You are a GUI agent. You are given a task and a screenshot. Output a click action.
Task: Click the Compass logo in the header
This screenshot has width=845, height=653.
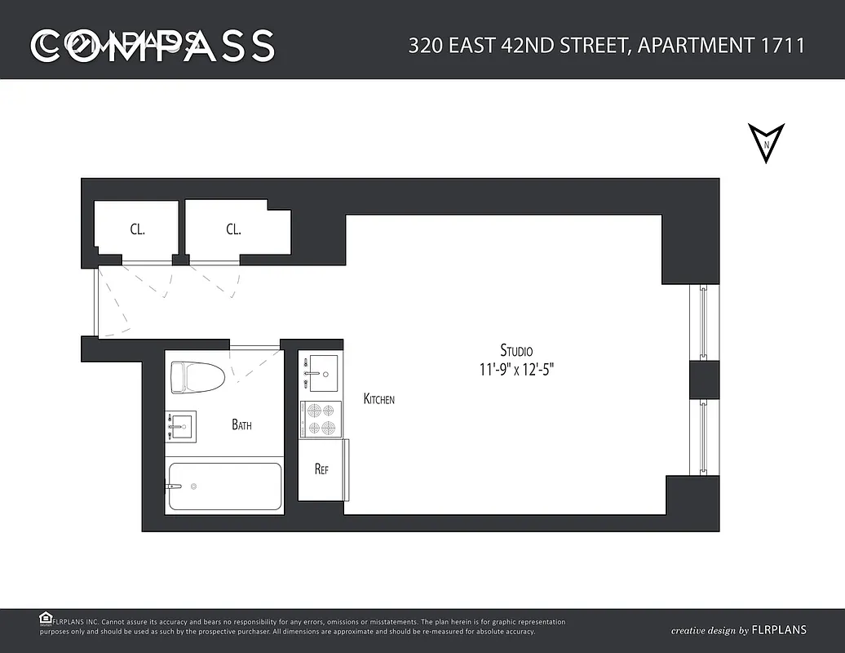click(153, 46)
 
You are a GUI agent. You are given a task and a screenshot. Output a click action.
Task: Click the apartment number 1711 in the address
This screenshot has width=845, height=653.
click(783, 45)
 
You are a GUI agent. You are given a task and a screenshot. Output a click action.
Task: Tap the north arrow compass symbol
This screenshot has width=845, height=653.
click(766, 143)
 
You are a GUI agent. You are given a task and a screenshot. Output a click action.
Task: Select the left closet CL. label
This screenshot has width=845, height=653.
click(137, 229)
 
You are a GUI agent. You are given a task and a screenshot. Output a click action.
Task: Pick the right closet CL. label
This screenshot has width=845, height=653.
click(233, 229)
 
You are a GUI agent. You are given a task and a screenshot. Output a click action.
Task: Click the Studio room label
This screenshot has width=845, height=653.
click(516, 350)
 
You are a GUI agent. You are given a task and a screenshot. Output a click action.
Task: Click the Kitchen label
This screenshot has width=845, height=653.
click(379, 399)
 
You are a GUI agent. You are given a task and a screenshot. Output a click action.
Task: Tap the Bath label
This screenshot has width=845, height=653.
click(241, 424)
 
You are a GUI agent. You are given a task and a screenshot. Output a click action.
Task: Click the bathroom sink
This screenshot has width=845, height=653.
click(181, 426)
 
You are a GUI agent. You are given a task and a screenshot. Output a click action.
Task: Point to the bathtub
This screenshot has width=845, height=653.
click(225, 487)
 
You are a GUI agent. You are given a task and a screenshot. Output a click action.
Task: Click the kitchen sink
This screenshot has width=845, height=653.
click(321, 372)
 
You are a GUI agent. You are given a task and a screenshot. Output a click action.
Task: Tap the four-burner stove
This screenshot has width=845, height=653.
click(320, 420)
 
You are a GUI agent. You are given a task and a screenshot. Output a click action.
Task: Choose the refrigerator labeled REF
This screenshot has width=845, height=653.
click(321, 469)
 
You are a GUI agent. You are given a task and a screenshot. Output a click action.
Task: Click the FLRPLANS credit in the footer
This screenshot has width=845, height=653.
click(779, 630)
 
